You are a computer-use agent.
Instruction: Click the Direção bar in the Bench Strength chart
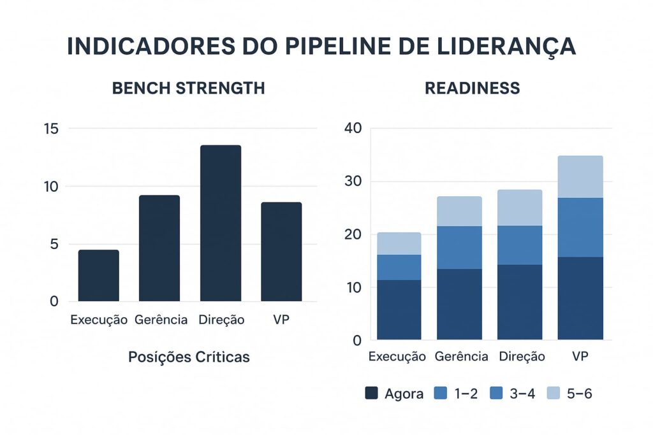coord(221,223)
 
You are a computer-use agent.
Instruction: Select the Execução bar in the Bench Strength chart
coord(98,275)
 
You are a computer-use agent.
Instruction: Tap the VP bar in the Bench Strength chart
coord(281,252)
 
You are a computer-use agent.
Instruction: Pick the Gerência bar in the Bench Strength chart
coord(159,248)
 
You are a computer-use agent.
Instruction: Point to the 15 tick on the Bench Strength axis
coord(51,129)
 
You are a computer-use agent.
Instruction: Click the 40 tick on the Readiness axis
coord(353,128)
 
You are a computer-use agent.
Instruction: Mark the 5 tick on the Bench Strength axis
coord(54,245)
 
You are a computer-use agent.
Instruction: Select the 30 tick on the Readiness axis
coord(353,182)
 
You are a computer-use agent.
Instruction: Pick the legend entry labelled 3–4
coord(512,394)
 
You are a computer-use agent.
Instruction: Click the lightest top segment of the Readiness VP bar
coord(580,176)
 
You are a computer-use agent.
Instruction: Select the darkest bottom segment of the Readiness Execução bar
coord(399,310)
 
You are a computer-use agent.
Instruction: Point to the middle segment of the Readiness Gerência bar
coord(459,247)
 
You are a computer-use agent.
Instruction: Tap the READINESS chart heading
coord(472,89)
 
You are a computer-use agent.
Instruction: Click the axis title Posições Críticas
coord(189,357)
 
